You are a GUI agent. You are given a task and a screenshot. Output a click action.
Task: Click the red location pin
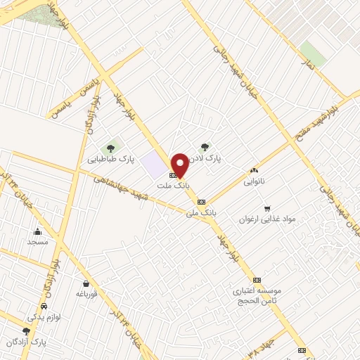(180, 165)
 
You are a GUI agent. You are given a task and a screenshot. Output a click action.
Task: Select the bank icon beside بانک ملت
(173, 175)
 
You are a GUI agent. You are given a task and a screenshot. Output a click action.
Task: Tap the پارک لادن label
(208, 159)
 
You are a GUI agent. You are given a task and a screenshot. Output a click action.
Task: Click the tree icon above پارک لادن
(205, 147)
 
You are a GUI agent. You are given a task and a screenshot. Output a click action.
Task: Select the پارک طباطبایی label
(110, 160)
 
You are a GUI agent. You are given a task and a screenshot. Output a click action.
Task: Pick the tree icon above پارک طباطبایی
(110, 148)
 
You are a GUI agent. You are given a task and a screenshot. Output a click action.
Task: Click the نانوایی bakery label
(254, 181)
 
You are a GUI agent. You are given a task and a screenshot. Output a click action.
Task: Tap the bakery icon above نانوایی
(254, 170)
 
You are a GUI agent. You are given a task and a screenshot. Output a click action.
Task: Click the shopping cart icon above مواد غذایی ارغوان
(266, 208)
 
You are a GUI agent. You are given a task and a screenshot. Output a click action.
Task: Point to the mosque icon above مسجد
(38, 231)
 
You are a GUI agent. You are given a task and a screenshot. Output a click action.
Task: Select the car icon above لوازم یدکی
(44, 307)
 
